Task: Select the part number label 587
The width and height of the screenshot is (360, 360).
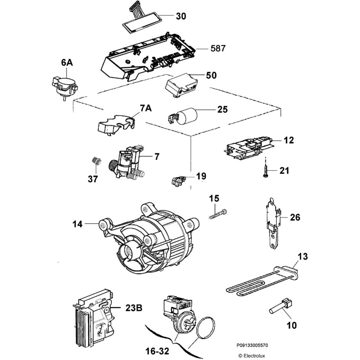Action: tap(218, 48)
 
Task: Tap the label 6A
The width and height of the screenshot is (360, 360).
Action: tap(67, 63)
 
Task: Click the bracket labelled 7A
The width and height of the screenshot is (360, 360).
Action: tap(116, 124)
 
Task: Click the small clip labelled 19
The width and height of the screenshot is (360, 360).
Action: tap(178, 181)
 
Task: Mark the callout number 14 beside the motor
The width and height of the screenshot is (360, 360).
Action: tap(78, 224)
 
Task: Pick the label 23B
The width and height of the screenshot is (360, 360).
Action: tap(134, 308)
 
